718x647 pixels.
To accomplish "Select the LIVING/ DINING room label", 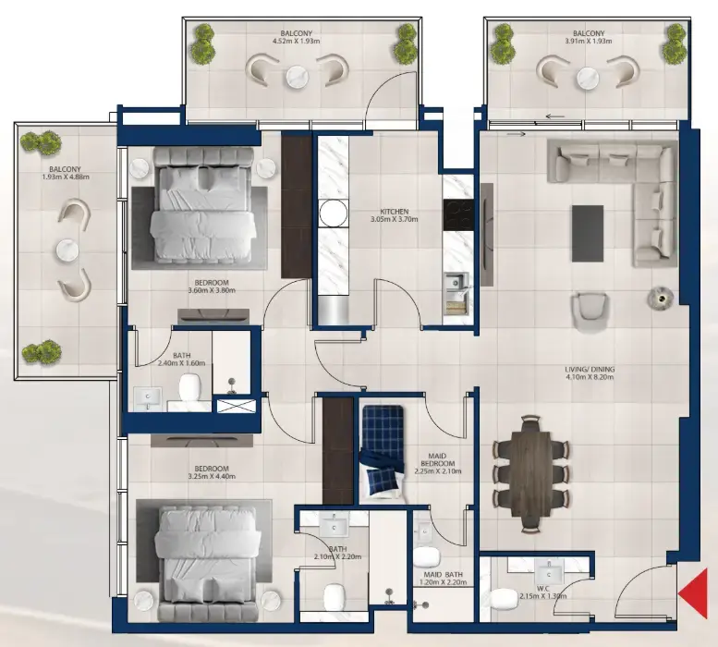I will pos(590,370).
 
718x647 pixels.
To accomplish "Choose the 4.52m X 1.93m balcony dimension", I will pos(296,42).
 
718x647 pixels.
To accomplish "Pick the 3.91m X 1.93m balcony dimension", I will pos(589,42).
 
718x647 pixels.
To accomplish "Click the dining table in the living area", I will pos(530,473).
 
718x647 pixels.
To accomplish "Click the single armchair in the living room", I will pos(589,311).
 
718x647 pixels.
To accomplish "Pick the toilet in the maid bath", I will pos(425,557).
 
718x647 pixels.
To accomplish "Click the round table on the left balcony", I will pos(66,250).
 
